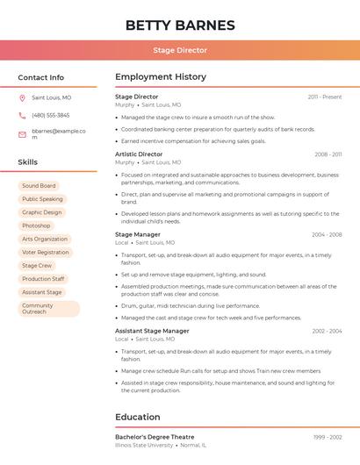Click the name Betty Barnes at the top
(x=180, y=25)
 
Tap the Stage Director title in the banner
(x=180, y=50)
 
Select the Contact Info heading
(x=40, y=77)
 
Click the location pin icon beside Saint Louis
(x=22, y=97)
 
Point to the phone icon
(x=22, y=115)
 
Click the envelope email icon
(x=22, y=134)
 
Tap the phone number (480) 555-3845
(x=50, y=115)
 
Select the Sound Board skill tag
(x=39, y=186)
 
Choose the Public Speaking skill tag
(x=42, y=199)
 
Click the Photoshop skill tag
(x=36, y=225)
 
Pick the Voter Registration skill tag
(x=45, y=252)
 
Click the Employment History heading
(x=161, y=77)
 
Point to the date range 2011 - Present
(x=324, y=97)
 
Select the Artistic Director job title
(x=139, y=154)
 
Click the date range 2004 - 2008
(x=326, y=234)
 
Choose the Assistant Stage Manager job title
(x=152, y=331)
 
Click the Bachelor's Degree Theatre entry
(x=155, y=436)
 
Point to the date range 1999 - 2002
(x=326, y=436)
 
